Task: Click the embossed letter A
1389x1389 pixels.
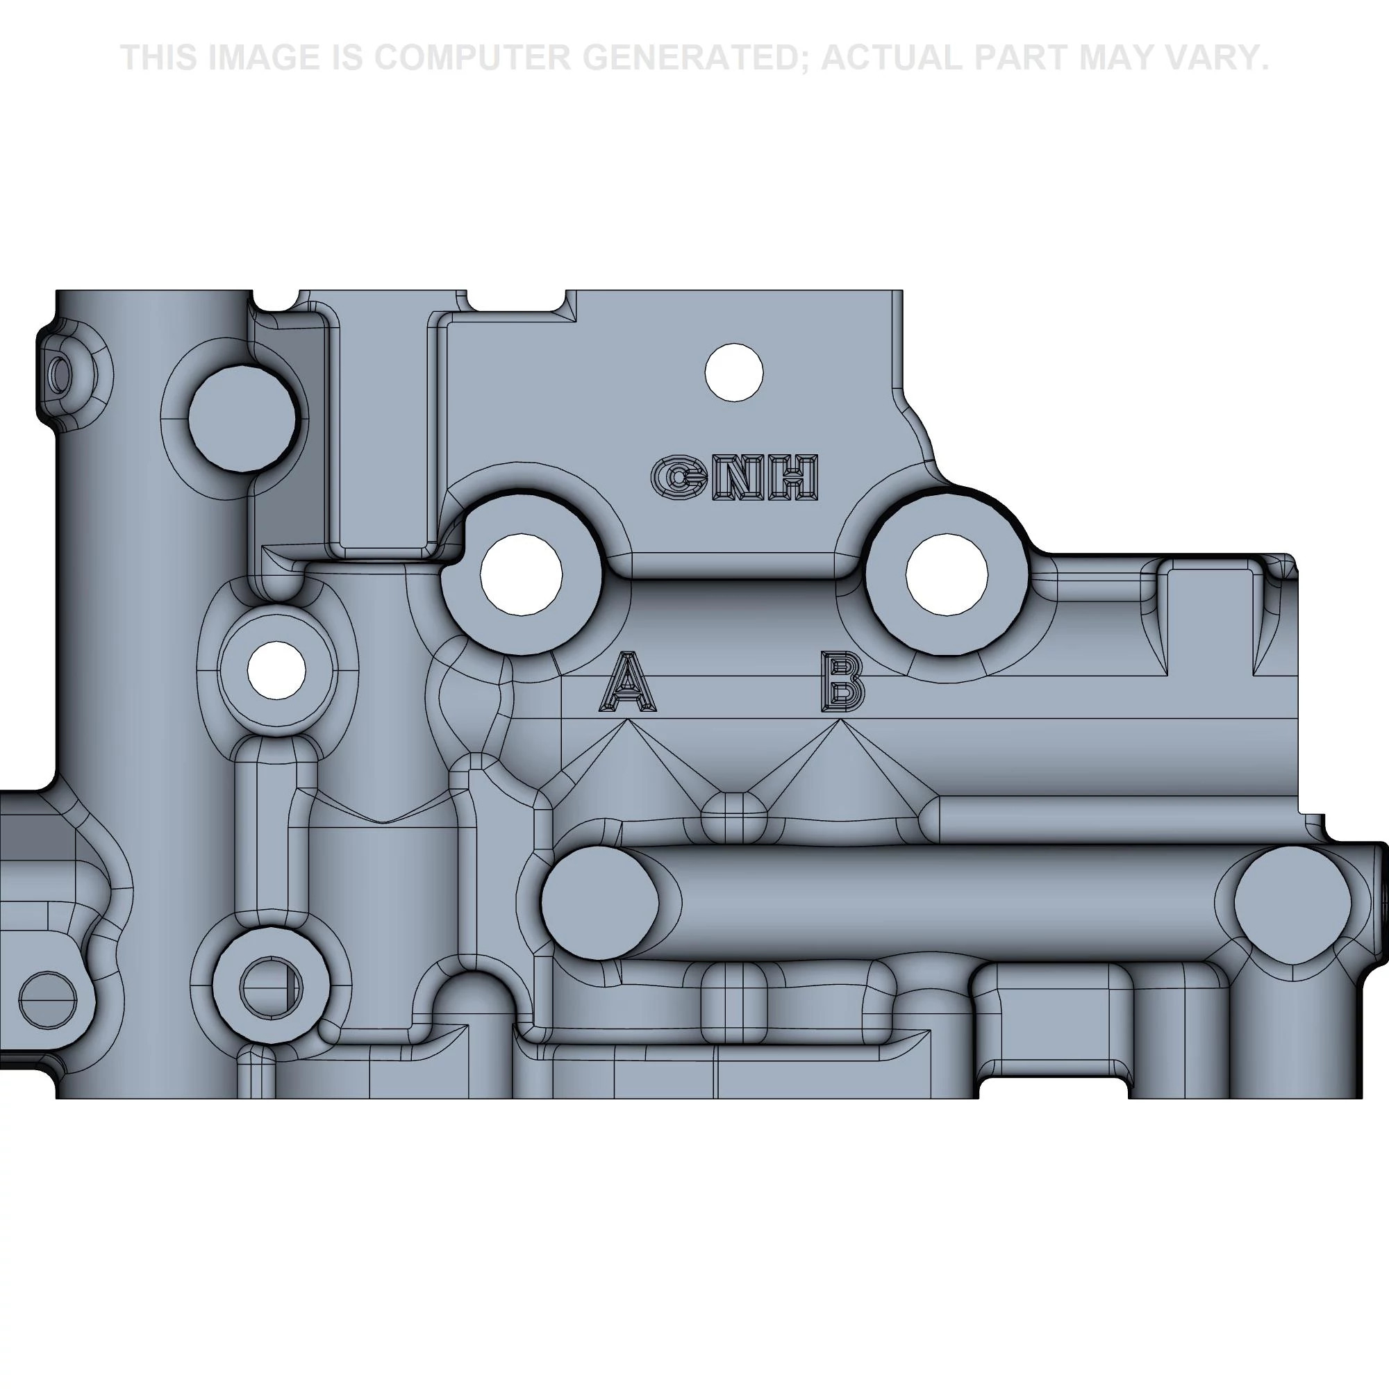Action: click(x=627, y=681)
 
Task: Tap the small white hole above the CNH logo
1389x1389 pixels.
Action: click(x=734, y=372)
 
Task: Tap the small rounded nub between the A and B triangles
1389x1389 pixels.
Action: click(x=734, y=817)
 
